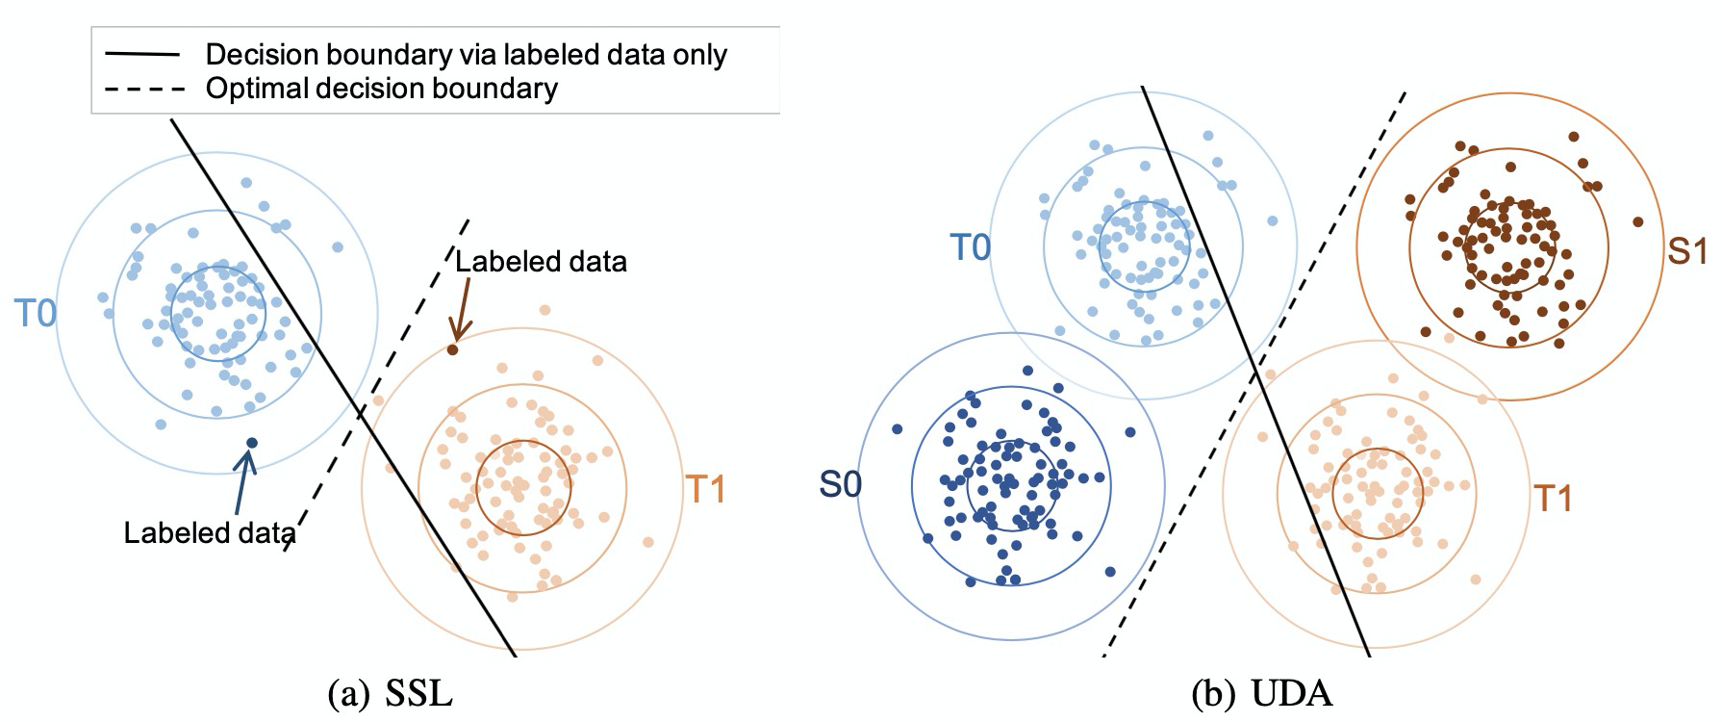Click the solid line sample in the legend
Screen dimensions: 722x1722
[141, 55]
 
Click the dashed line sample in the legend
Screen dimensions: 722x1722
[141, 90]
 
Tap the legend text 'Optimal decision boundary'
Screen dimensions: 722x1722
[381, 90]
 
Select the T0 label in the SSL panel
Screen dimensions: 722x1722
[35, 315]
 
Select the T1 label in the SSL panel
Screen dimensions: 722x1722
[704, 490]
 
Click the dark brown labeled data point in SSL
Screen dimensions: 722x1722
[452, 348]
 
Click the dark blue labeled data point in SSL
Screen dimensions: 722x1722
[252, 443]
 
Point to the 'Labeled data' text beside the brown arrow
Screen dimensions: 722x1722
[541, 261]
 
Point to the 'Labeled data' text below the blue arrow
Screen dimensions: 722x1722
[210, 532]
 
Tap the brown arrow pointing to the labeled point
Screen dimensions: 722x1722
[460, 308]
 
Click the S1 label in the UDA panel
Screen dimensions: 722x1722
[1686, 252]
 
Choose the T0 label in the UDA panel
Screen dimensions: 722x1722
[971, 248]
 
